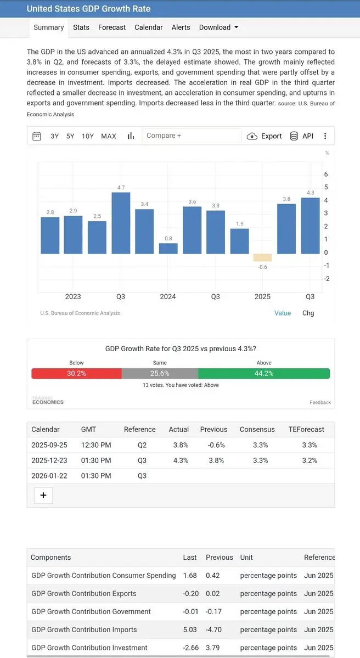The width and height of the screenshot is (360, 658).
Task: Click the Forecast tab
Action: (x=112, y=27)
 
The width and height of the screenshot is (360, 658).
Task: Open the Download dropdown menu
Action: (x=218, y=27)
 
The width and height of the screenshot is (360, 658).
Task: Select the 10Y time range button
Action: (x=88, y=136)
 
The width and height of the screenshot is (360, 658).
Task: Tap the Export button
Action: (x=265, y=136)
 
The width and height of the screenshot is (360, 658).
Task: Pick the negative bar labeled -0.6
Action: (x=262, y=257)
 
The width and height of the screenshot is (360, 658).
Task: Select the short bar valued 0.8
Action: (x=168, y=248)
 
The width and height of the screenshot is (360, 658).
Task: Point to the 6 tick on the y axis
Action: (x=326, y=175)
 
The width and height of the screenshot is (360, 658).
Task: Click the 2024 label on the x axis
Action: (x=168, y=296)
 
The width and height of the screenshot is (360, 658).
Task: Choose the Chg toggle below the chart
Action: (x=308, y=313)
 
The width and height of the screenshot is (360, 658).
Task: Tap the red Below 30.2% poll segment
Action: (x=76, y=373)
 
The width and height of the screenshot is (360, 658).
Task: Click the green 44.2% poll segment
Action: (x=264, y=373)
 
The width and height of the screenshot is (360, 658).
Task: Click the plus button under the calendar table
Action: (x=43, y=496)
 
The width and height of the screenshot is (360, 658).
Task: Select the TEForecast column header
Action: (x=306, y=430)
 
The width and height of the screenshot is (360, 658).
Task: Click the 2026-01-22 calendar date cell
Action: (x=49, y=476)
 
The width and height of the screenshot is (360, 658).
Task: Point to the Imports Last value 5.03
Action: (x=190, y=629)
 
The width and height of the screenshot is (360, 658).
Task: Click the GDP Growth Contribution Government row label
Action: (x=91, y=611)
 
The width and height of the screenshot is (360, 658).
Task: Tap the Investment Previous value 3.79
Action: (x=213, y=648)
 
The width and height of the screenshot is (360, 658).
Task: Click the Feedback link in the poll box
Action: (x=320, y=402)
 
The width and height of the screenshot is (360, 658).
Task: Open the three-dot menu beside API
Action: (x=325, y=136)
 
